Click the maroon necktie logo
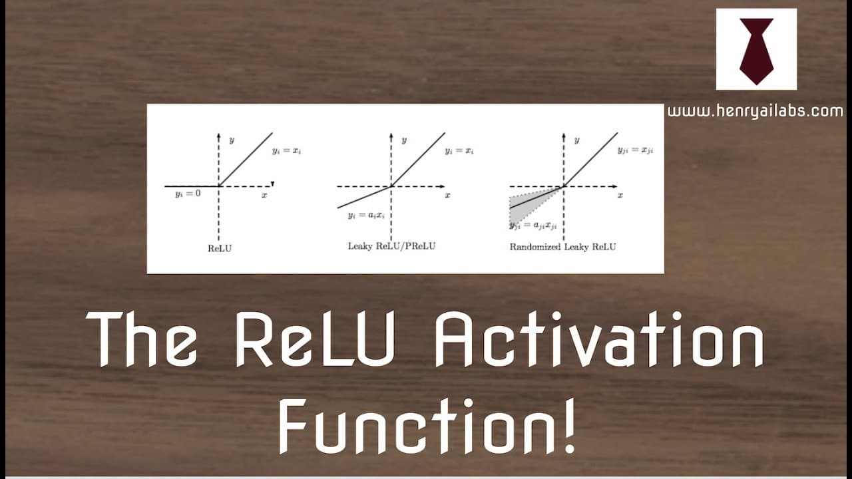757,51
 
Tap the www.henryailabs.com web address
755,111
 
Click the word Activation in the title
599,339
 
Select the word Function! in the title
427,426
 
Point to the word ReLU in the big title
316,339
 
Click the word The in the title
142,339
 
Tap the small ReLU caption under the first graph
220,248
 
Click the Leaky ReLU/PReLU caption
392,246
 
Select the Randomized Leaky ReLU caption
562,247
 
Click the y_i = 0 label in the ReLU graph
188,194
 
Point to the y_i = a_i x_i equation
366,216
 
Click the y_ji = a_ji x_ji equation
533,226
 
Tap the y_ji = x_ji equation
635,150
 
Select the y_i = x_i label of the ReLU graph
286,151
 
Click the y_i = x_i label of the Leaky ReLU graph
459,151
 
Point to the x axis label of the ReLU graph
264,196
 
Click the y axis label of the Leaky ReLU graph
404,140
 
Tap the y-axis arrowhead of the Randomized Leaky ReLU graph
563,135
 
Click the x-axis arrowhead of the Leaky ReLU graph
442,186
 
